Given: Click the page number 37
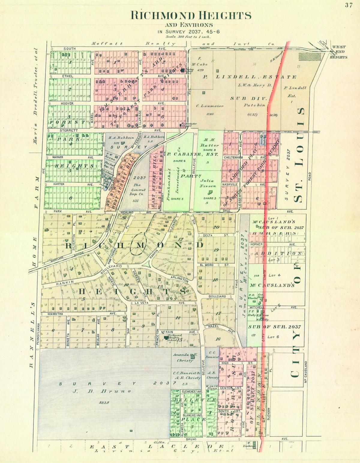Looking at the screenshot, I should click(348, 5).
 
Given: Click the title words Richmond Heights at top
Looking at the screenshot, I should click(191, 15).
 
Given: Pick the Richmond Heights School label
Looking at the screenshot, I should click(175, 337).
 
